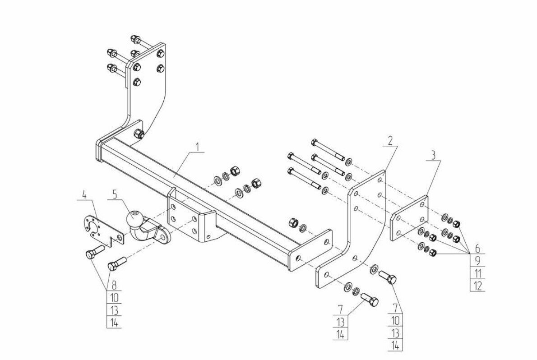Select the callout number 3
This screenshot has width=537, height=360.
(x=433, y=157)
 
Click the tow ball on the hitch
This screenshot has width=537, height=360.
(x=134, y=218)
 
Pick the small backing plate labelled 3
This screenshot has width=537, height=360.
(x=409, y=218)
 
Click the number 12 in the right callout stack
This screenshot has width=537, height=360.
(x=477, y=285)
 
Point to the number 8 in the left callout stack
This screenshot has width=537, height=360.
(x=114, y=285)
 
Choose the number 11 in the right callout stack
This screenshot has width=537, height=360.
(x=477, y=273)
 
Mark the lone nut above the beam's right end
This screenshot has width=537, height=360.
(x=292, y=222)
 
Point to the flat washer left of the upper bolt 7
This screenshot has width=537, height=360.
(x=375, y=270)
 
